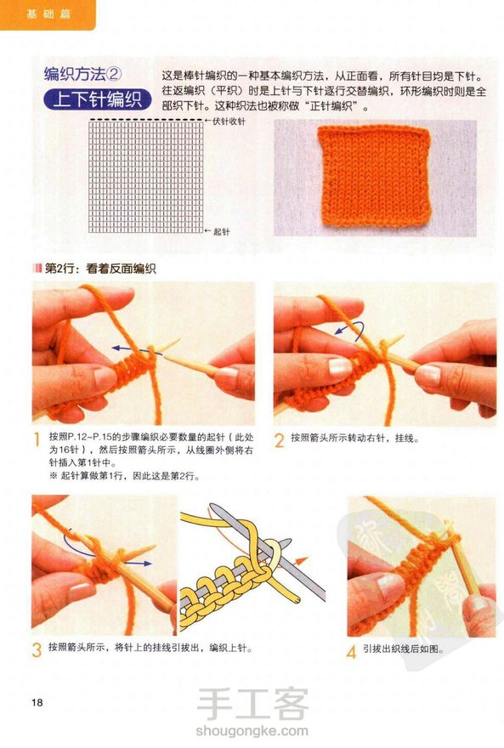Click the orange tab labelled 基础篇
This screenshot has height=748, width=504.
click(x=48, y=14)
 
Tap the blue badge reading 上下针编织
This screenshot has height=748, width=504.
click(x=97, y=99)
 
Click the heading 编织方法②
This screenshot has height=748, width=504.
click(x=83, y=74)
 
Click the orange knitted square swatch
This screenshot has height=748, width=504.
click(x=375, y=176)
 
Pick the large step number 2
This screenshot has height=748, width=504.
click(x=280, y=439)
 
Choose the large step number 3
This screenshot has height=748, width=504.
click(x=37, y=649)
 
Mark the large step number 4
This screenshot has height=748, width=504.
click(x=351, y=651)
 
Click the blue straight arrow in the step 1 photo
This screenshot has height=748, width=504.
click(x=137, y=350)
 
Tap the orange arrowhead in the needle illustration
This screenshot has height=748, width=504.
click(x=302, y=561)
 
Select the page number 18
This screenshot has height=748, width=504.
click(x=37, y=702)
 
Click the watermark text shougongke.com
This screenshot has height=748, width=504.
click(x=252, y=730)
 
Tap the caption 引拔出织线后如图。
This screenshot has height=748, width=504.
click(x=404, y=649)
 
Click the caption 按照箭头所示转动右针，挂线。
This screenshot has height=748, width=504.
click(x=354, y=438)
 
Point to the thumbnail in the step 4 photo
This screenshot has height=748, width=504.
click(x=389, y=583)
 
